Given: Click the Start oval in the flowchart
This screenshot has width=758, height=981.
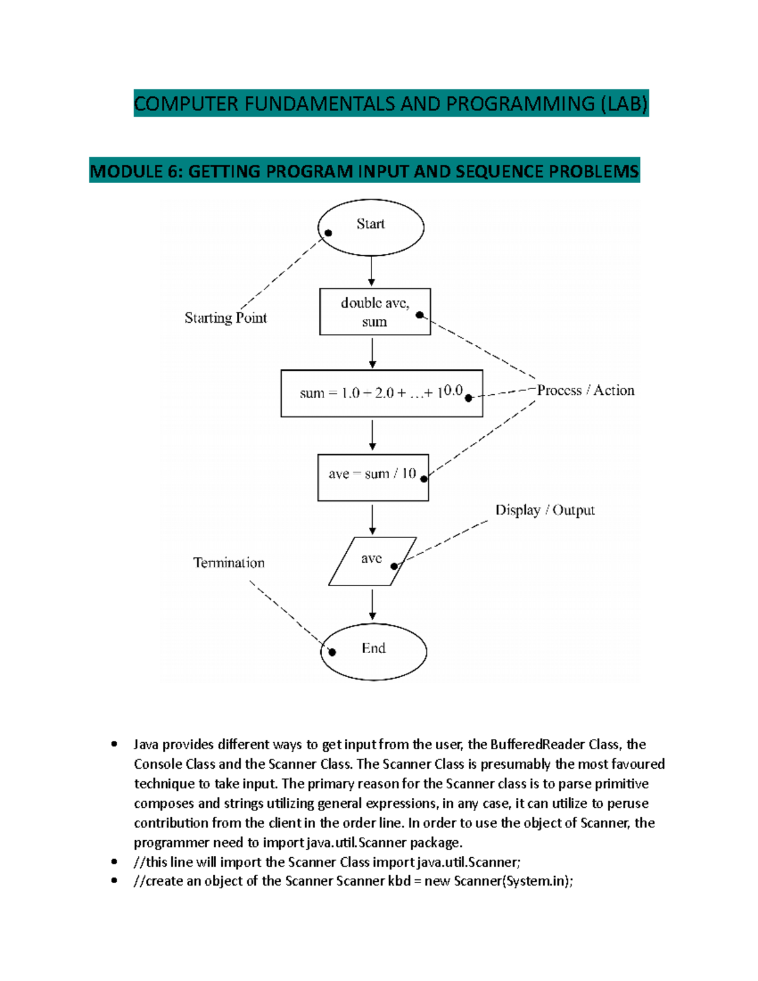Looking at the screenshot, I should click(371, 227).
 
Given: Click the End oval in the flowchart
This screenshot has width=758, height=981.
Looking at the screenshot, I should click(373, 652).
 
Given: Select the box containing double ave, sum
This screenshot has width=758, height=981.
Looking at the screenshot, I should click(375, 312).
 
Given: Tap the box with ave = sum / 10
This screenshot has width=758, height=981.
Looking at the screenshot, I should click(373, 478).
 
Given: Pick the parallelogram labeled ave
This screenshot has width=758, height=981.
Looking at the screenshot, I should click(372, 562).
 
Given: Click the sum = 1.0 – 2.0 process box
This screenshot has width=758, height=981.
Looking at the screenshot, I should click(382, 394).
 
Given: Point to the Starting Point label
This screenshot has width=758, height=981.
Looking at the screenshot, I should click(226, 318).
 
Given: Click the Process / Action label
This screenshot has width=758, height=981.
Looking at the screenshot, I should click(586, 390).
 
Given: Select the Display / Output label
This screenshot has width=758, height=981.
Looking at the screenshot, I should click(544, 510).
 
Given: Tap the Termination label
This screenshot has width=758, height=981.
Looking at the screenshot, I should click(229, 563).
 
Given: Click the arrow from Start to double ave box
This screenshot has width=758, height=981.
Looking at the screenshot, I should click(371, 272).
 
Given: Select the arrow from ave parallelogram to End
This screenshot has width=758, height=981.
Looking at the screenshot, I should click(373, 605).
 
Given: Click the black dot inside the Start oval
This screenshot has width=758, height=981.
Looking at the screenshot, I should click(328, 233).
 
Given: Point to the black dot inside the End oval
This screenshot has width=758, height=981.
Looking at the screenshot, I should click(332, 652).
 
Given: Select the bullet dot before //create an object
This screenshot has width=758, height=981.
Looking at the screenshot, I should click(114, 881).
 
